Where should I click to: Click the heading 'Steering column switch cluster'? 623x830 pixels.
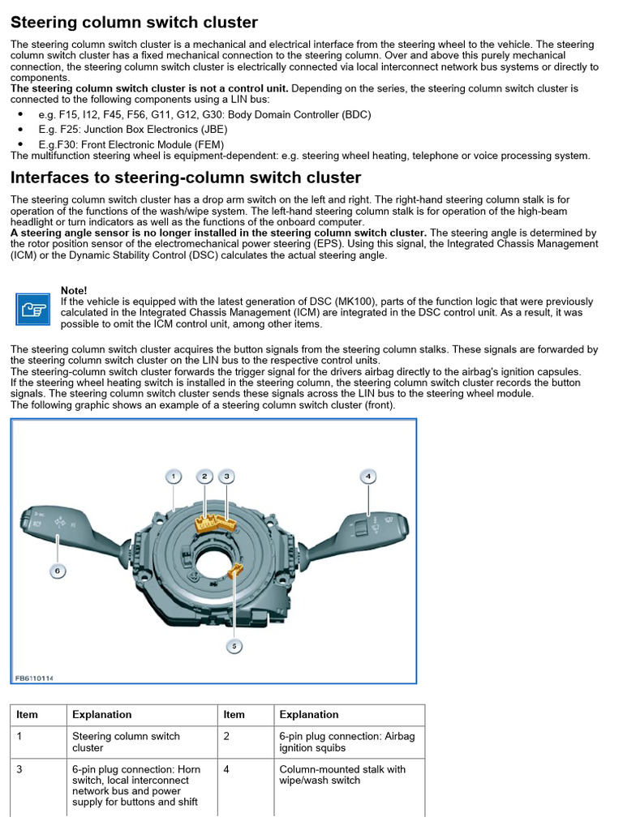(134, 23)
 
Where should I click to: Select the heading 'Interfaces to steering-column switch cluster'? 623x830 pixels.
(186, 178)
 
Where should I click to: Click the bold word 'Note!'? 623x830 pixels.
(74, 290)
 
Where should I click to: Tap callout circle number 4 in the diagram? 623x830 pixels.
(368, 476)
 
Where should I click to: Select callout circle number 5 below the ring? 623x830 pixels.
(234, 646)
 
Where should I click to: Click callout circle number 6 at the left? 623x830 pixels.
(58, 571)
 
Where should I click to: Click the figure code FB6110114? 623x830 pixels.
(39, 678)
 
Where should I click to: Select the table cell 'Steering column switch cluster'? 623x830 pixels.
(126, 742)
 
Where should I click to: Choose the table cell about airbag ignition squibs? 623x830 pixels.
(346, 742)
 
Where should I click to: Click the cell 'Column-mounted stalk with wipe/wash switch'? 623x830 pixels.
(342, 775)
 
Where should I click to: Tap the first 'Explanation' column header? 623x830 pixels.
(101, 714)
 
